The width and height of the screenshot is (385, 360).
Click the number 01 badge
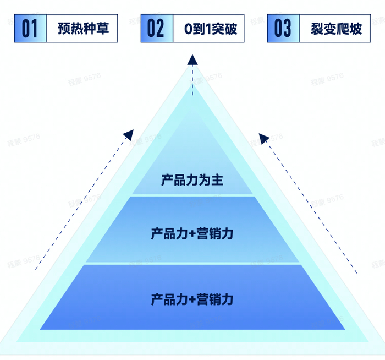pos(30,29)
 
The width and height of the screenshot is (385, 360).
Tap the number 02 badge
pos(156,29)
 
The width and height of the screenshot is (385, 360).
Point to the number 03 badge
pos(283,29)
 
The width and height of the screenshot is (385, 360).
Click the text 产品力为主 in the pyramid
pos(192,180)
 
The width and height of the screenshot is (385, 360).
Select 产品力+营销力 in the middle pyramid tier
pos(192,233)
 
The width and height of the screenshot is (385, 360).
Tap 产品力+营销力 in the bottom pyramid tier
pos(192,299)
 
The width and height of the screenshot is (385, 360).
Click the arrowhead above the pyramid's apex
pos(193,60)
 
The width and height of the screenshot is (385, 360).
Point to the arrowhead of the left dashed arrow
pos(128,134)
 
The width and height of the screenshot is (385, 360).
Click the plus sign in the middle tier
pos(192,234)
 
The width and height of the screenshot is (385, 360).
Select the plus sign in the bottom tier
pos(192,300)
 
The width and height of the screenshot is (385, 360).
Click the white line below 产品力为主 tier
pos(192,195)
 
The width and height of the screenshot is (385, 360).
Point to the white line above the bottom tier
pos(192,263)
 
